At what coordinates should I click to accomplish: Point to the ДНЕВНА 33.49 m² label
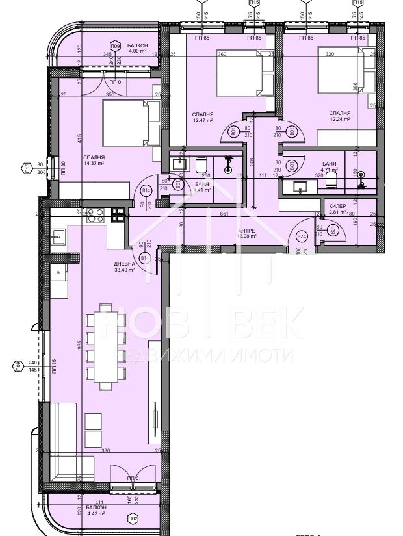tap(125, 266)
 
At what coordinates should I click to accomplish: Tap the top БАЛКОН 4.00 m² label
tap(138, 48)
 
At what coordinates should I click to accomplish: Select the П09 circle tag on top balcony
tap(115, 46)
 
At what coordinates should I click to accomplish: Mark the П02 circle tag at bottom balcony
tap(133, 518)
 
